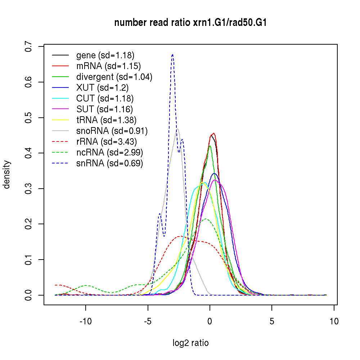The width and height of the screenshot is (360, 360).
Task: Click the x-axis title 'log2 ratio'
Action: [x=190, y=343]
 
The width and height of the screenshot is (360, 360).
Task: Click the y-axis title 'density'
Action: [x=7, y=175]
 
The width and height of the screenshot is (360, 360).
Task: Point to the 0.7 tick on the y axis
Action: [x=29, y=47]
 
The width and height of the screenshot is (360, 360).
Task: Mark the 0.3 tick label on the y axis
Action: [x=29, y=189]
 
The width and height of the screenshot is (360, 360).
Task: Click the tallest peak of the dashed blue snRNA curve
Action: [x=173, y=54]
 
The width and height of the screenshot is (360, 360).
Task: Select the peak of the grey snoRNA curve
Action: [x=177, y=129]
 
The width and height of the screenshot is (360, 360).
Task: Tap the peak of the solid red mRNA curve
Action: [x=214, y=133]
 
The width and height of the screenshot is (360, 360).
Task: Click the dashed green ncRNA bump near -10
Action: [x=86, y=285]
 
